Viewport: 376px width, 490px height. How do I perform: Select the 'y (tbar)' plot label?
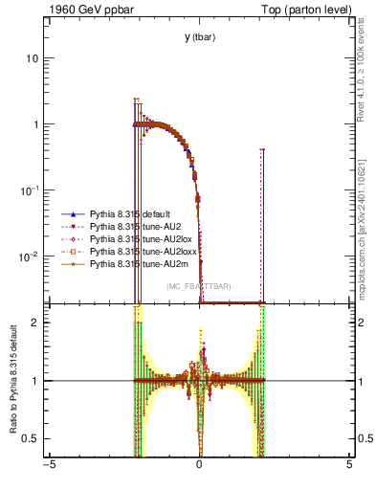tap(199, 37)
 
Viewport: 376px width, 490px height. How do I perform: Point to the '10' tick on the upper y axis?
tap(33, 58)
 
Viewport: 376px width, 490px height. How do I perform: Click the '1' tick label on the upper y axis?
tap(35, 124)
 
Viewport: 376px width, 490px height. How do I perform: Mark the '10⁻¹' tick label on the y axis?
tap(30, 189)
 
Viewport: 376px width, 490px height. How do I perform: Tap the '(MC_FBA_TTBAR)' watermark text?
tap(198, 286)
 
